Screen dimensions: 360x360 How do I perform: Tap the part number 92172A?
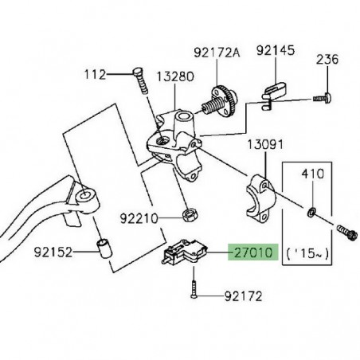click(x=217, y=54)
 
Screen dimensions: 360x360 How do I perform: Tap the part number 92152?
click(x=54, y=253)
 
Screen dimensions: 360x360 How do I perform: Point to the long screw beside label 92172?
click(x=194, y=286)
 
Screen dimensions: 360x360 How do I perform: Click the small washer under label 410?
click(x=311, y=211)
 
